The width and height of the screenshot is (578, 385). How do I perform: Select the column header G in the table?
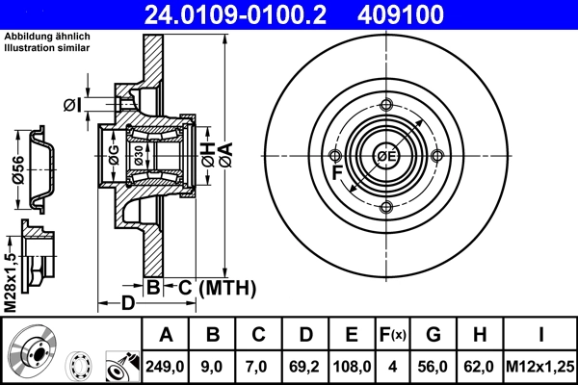(433, 336)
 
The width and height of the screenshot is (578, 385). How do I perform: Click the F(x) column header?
(394, 336)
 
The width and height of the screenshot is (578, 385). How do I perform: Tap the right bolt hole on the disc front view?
(437, 156)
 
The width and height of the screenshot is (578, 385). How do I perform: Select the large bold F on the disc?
(337, 174)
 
